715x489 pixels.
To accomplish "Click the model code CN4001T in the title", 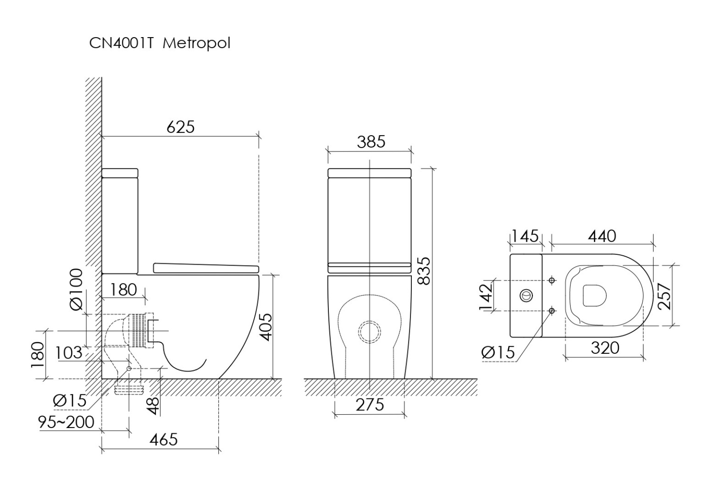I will pyautogui.click(x=121, y=43).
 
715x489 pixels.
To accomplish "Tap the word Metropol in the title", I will pyautogui.click(x=196, y=43).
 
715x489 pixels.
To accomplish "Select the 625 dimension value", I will pyautogui.click(x=181, y=127).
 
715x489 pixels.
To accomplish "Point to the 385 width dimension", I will pyautogui.click(x=370, y=142).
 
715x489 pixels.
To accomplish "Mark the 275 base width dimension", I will pyautogui.click(x=369, y=405).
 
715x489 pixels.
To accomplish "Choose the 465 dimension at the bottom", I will pyautogui.click(x=163, y=439).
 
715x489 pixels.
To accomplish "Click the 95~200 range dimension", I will pyautogui.click(x=67, y=422).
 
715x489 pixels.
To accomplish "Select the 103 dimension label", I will pyautogui.click(x=69, y=353).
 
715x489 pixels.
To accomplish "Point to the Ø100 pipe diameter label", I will pyautogui.click(x=76, y=290).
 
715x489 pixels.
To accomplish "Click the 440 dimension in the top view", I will pyautogui.click(x=602, y=236).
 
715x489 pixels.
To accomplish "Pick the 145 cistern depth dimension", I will pyautogui.click(x=525, y=236).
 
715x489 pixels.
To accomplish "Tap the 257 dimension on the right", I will pyautogui.click(x=665, y=296).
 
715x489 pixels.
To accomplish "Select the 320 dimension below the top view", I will pyautogui.click(x=605, y=348).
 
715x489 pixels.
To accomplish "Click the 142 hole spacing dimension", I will pyautogui.click(x=486, y=297).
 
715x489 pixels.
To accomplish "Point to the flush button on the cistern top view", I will pyautogui.click(x=526, y=295).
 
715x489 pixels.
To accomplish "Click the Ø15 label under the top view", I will pyautogui.click(x=498, y=352).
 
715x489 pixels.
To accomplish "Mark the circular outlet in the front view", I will pyautogui.click(x=370, y=332).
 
